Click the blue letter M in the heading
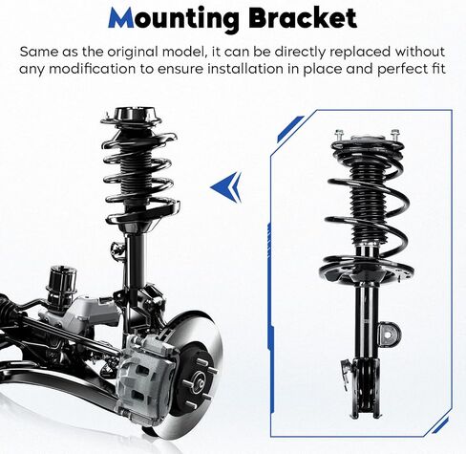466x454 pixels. (121, 17)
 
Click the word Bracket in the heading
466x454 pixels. (303, 17)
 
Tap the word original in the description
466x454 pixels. (133, 52)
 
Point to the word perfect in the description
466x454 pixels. (401, 70)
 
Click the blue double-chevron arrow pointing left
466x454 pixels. (226, 186)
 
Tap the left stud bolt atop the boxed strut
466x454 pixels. (339, 135)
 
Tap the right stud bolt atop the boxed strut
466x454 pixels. (395, 135)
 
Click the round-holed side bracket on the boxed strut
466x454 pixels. (388, 335)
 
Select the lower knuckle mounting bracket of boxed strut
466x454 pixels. (369, 388)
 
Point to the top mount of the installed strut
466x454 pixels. (132, 119)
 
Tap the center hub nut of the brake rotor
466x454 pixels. (200, 383)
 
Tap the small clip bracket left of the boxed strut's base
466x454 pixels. (346, 375)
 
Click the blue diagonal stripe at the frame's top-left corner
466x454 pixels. (290, 128)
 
